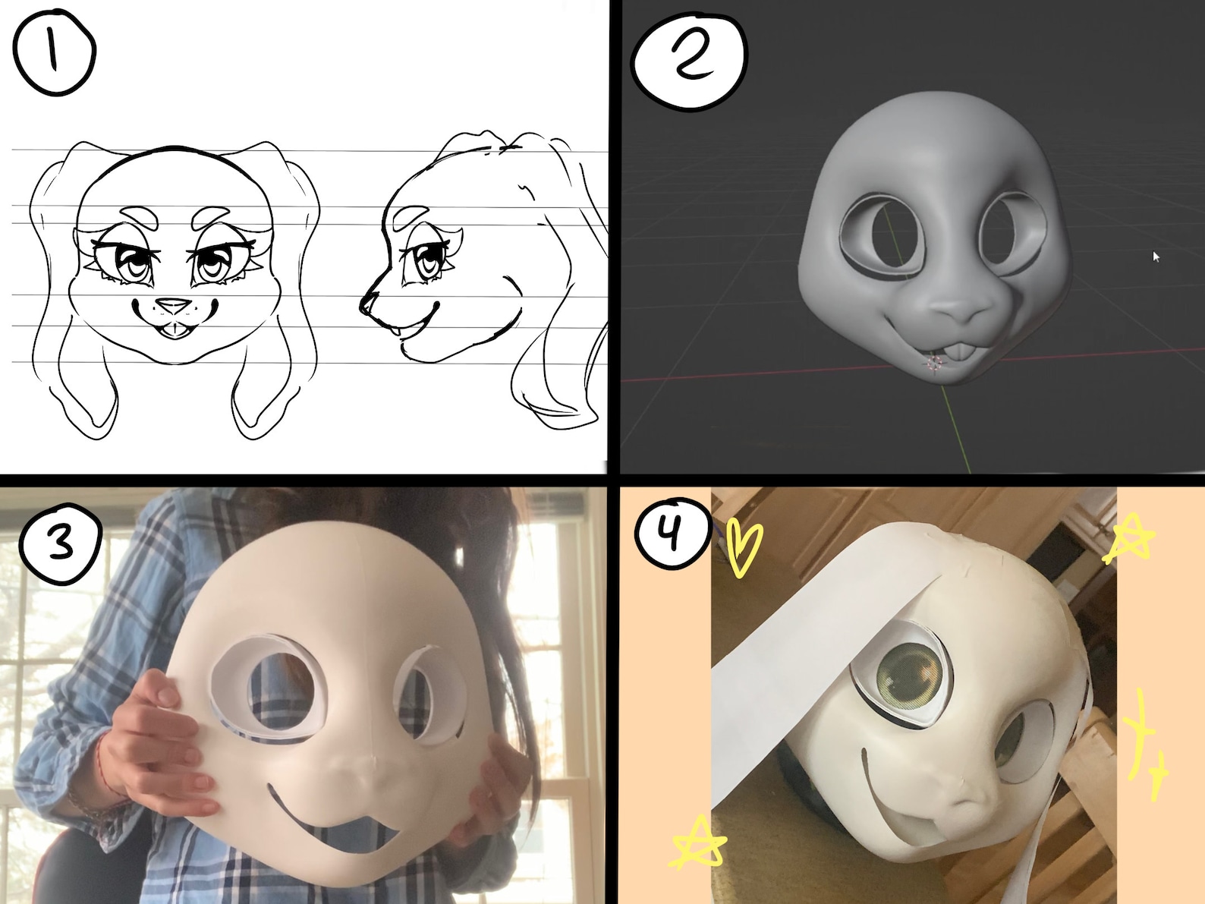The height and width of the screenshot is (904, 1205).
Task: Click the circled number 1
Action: coord(53,52)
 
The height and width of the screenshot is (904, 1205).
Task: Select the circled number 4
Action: coord(670,531)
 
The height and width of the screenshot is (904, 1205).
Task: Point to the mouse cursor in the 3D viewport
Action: coord(1156,257)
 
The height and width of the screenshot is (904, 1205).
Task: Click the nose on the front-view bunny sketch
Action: coord(175,305)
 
